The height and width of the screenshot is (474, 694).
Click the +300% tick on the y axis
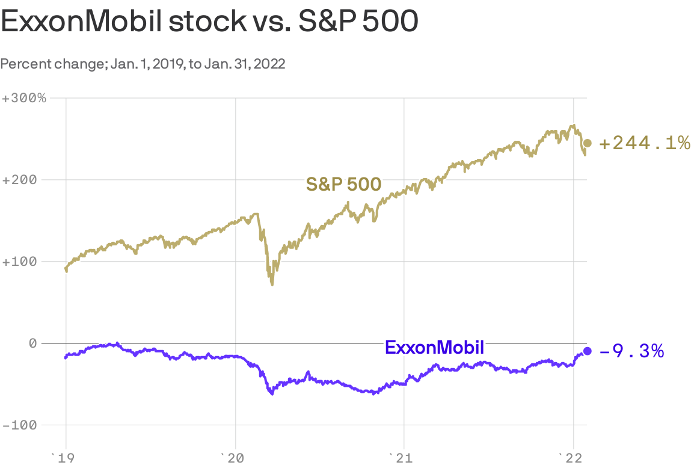point(24,98)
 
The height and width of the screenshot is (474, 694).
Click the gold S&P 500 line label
point(343,184)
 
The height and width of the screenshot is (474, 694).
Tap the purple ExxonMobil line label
point(434,348)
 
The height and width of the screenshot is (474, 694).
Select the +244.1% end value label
point(644,143)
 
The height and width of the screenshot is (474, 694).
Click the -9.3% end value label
point(632,351)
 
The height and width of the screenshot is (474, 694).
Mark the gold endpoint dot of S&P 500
point(588,143)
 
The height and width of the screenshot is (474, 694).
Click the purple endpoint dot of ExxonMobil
point(588,351)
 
